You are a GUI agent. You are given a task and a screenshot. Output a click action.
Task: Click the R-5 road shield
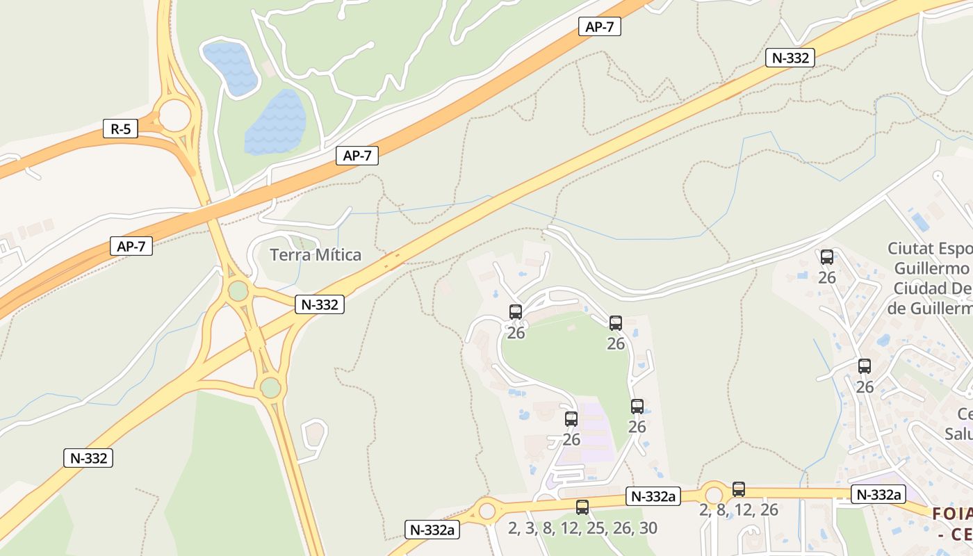tap(120, 129)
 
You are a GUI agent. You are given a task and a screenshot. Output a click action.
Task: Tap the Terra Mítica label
tap(316, 255)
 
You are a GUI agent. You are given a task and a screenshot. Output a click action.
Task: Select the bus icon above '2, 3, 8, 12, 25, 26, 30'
tap(582, 507)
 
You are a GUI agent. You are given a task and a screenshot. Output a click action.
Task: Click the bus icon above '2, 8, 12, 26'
tap(739, 489)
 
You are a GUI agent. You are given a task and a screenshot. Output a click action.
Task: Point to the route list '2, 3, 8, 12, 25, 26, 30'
tap(582, 528)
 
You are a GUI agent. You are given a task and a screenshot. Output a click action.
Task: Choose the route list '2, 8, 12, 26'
tap(739, 509)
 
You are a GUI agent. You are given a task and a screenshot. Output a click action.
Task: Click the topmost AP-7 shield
tap(599, 27)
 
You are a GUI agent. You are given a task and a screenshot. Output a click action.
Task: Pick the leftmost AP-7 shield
tap(131, 246)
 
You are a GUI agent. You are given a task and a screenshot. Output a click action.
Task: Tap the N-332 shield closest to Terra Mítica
tap(320, 304)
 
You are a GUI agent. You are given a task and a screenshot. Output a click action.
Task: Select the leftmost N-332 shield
tap(88, 458)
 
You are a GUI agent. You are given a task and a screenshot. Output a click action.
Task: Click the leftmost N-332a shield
tap(432, 530)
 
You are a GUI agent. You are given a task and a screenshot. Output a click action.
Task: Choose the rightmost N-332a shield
tap(878, 495)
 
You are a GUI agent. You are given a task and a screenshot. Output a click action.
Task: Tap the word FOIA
tap(951, 514)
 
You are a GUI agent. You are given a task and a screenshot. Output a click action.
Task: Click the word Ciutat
tap(911, 249)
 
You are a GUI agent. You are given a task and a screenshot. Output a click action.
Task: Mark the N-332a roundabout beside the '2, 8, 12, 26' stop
tap(714, 495)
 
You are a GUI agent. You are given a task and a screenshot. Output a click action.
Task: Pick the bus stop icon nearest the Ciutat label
tap(827, 257)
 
